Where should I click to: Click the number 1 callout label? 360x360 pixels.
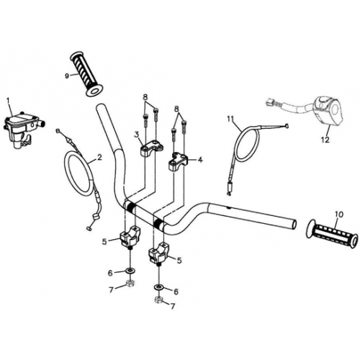[9, 102]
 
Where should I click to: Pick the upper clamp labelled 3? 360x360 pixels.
[150, 149]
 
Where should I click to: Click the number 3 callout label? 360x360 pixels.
[137, 135]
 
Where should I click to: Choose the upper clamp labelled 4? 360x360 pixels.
[179, 161]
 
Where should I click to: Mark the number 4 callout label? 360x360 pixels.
[200, 160]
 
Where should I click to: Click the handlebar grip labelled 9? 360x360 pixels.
[86, 74]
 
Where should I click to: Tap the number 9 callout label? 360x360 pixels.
[67, 76]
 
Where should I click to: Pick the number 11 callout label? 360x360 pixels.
[230, 118]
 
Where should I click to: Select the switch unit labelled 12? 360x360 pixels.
[330, 111]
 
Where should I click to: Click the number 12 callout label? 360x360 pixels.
[325, 140]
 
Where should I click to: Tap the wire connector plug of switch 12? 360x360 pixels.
[270, 102]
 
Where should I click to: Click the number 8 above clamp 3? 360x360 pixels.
[145, 98]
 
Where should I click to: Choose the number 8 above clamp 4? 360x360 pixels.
[177, 109]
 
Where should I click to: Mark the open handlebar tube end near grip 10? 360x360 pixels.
[294, 225]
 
